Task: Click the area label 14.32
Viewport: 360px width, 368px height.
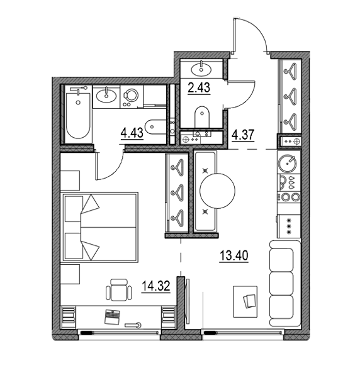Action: (155, 286)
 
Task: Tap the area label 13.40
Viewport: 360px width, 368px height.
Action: (233, 255)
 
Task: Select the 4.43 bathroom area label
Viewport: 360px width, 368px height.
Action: (132, 133)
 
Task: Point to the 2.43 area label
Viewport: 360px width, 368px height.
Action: (199, 88)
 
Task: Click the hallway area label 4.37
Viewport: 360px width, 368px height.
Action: (243, 135)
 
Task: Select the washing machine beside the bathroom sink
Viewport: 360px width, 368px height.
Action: (132, 97)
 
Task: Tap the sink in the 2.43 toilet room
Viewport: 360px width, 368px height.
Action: (201, 69)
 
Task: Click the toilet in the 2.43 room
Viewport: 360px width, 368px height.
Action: (202, 117)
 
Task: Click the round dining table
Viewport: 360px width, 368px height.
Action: (217, 191)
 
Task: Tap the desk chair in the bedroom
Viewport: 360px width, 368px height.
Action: (119, 290)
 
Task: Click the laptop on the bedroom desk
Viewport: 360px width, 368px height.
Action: (112, 317)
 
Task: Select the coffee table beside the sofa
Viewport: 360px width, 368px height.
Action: (245, 301)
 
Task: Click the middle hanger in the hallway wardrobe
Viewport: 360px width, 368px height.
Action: (290, 94)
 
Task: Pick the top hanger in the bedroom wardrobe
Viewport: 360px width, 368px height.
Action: (177, 167)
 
